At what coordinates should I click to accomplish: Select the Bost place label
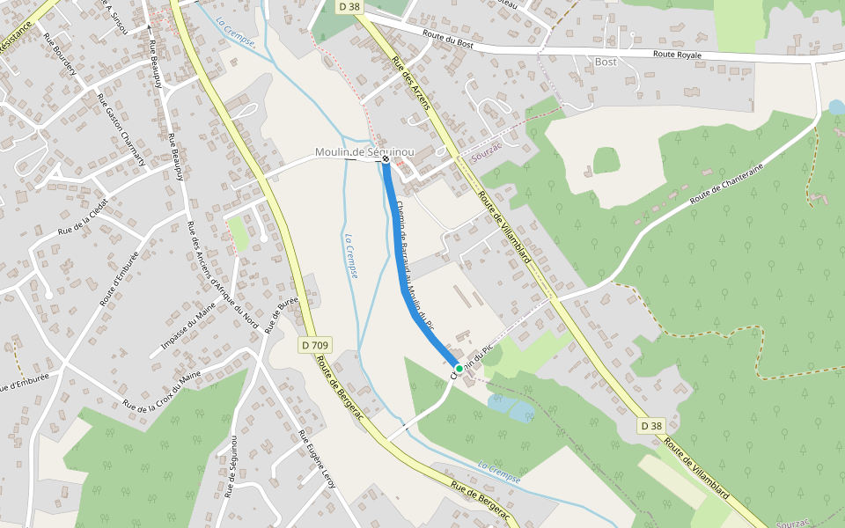pos(606,62)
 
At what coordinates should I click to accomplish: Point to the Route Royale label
pos(677,55)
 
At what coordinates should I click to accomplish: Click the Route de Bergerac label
pos(340,392)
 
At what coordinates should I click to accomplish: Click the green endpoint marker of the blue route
pos(459,368)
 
